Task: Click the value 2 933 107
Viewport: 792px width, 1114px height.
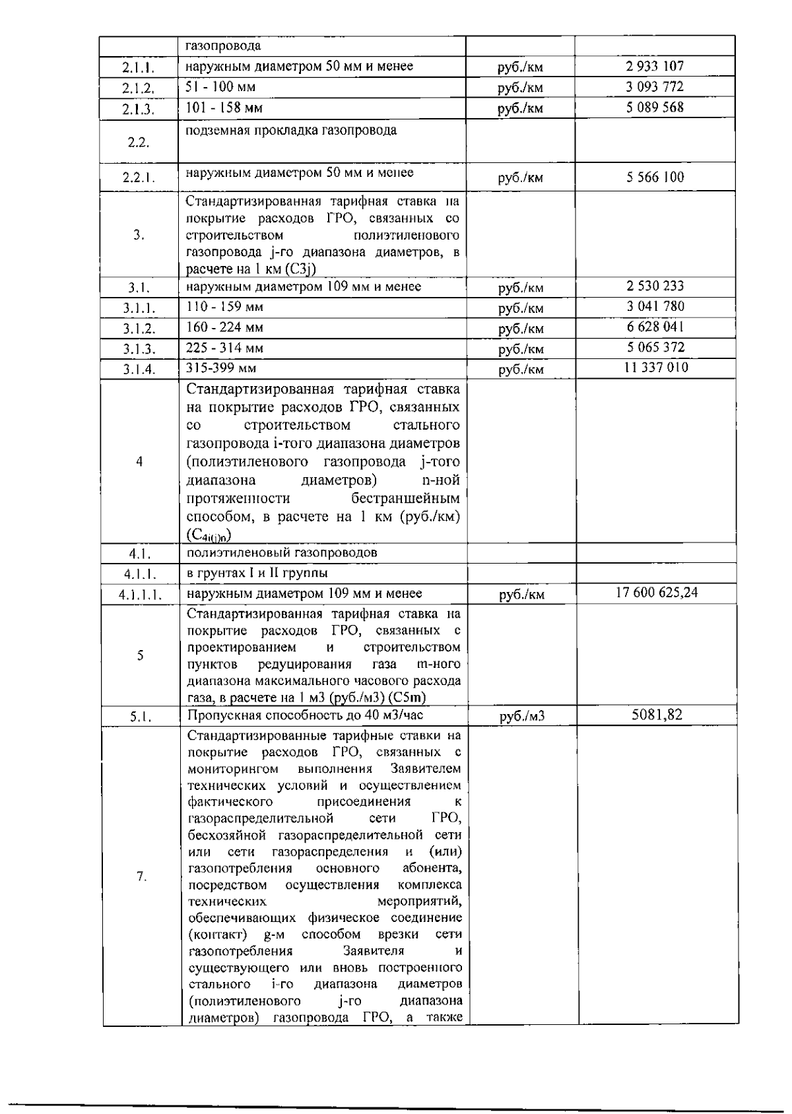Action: coord(654,66)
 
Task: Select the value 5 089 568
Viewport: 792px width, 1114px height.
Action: coord(654,108)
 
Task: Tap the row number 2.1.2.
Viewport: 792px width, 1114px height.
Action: coord(138,88)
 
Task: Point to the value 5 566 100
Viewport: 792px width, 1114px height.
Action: coord(654,177)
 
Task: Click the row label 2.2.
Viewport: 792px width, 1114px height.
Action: coord(138,143)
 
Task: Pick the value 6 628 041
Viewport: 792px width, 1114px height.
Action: coord(654,327)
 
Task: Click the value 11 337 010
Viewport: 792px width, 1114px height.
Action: coord(655,368)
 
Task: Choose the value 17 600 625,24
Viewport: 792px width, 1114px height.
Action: coord(656,593)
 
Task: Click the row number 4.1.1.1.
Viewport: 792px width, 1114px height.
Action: coord(140,595)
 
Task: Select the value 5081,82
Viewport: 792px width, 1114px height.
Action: coord(656,715)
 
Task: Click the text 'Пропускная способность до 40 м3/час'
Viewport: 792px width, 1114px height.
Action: coord(305,715)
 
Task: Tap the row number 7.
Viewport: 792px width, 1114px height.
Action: coord(141,876)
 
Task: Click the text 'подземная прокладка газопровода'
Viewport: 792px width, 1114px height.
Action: coord(291,130)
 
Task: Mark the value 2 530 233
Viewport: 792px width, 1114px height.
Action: coord(654,286)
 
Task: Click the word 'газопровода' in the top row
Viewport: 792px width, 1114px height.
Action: coord(223,46)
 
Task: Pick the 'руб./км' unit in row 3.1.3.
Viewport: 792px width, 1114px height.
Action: coord(521,348)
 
